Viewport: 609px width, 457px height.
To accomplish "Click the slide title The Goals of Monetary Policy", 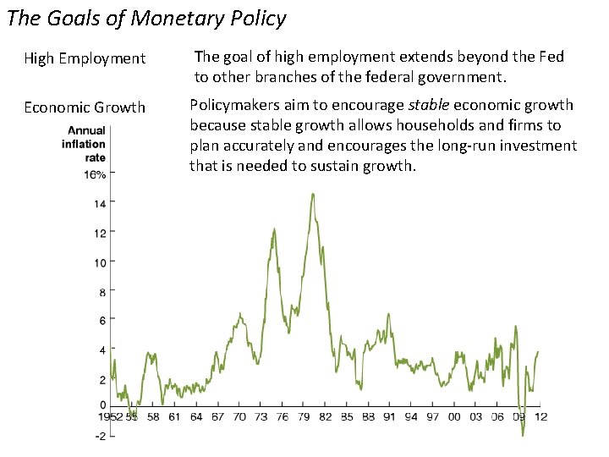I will click(145, 18).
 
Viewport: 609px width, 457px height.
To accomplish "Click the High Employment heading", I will click(85, 59).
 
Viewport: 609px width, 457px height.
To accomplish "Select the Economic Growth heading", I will click(85, 107).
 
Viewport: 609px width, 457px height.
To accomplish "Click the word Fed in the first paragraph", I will click(551, 57).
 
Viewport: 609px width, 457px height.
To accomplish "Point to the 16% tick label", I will click(94, 174).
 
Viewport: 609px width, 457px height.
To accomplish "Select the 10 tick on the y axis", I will click(99, 262).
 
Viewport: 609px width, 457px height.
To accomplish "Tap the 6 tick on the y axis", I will click(101, 321).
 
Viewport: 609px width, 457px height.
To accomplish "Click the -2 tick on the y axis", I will click(99, 435).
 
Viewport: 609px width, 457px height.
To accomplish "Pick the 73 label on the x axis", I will click(261, 416).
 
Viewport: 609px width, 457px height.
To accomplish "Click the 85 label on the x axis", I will click(347, 416).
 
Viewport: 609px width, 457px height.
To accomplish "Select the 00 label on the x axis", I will click(454, 416).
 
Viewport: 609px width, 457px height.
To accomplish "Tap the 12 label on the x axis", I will click(540, 416).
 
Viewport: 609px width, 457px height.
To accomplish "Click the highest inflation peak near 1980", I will click(313, 195).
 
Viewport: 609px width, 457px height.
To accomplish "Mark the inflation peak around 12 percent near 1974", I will click(274, 228).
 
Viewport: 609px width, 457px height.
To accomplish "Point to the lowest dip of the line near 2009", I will click(523, 434).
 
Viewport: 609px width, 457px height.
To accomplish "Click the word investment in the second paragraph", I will click(537, 146).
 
